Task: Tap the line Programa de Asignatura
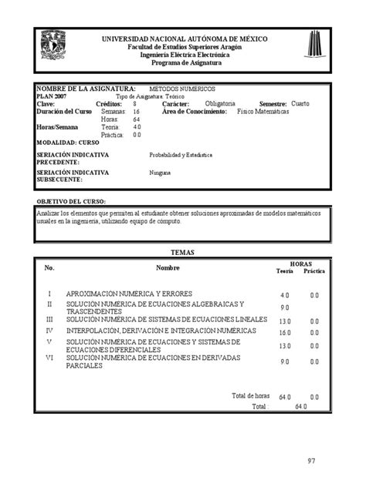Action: [184, 62]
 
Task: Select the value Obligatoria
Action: [221, 103]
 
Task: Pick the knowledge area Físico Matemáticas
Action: [263, 112]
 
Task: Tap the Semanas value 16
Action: [136, 112]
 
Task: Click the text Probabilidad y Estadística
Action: [181, 154]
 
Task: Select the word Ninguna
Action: [160, 173]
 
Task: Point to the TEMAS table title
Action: [182, 253]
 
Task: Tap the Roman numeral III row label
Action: [49, 319]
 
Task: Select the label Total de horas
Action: [249, 395]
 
